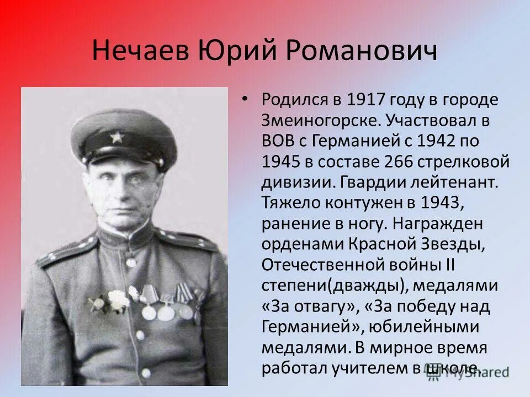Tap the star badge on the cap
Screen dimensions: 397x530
pyautogui.click(x=116, y=137)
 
